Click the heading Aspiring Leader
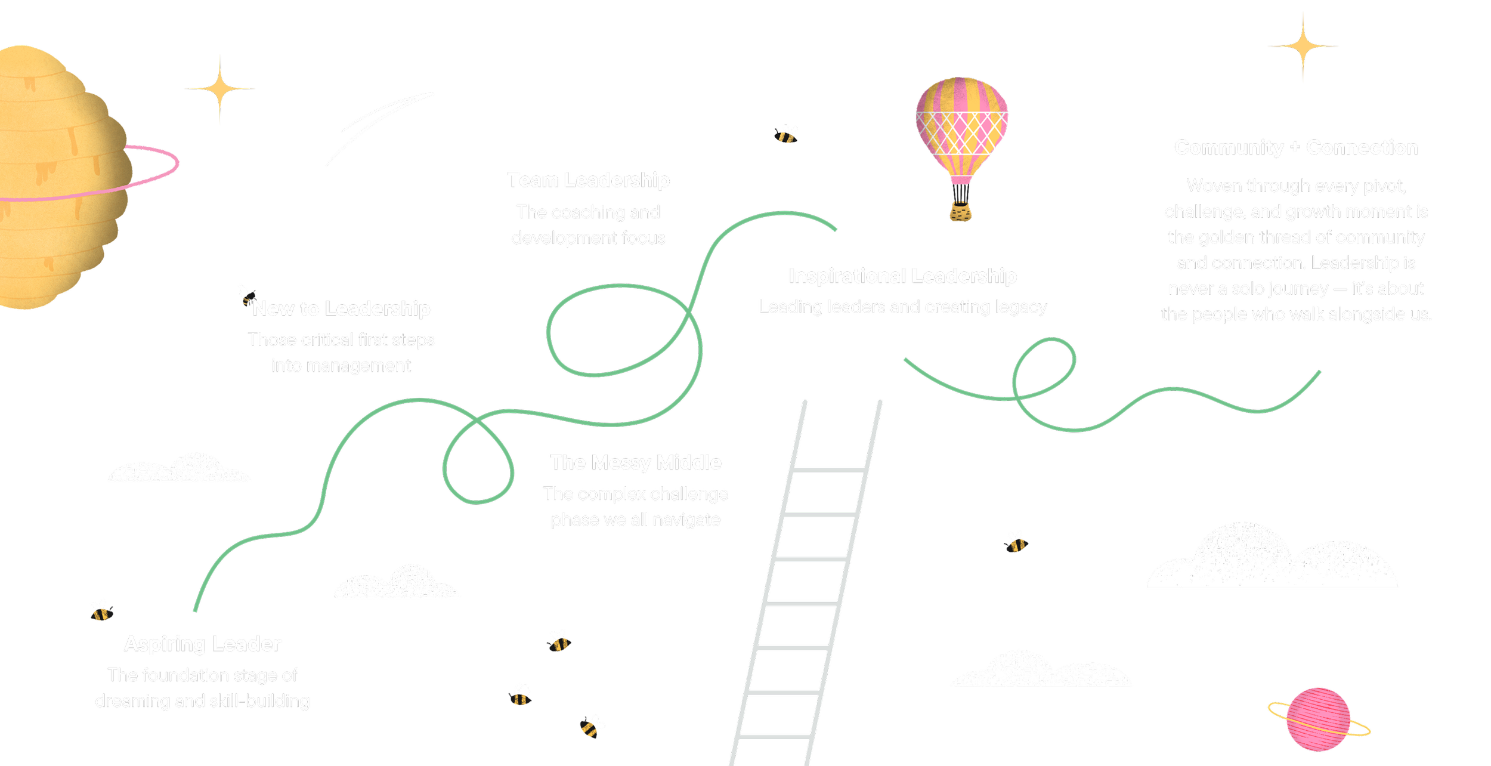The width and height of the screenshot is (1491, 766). pyautogui.click(x=203, y=644)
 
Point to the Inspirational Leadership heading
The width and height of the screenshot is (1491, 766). pyautogui.click(x=902, y=276)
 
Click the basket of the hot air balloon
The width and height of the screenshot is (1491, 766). pyautogui.click(x=960, y=211)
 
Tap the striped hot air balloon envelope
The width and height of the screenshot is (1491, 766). pyautogui.click(x=961, y=125)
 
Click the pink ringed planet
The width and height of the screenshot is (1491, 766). pyautogui.click(x=1318, y=719)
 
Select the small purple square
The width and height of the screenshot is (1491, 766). pyautogui.click(x=486, y=486)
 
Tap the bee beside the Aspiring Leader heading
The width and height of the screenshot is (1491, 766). pyautogui.click(x=101, y=610)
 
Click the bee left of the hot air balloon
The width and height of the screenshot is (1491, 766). pyautogui.click(x=785, y=135)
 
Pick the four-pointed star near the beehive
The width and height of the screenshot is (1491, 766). pyautogui.click(x=219, y=88)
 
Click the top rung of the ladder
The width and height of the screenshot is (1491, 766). pyautogui.click(x=829, y=470)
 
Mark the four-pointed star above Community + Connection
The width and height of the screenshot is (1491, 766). pyautogui.click(x=1303, y=46)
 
